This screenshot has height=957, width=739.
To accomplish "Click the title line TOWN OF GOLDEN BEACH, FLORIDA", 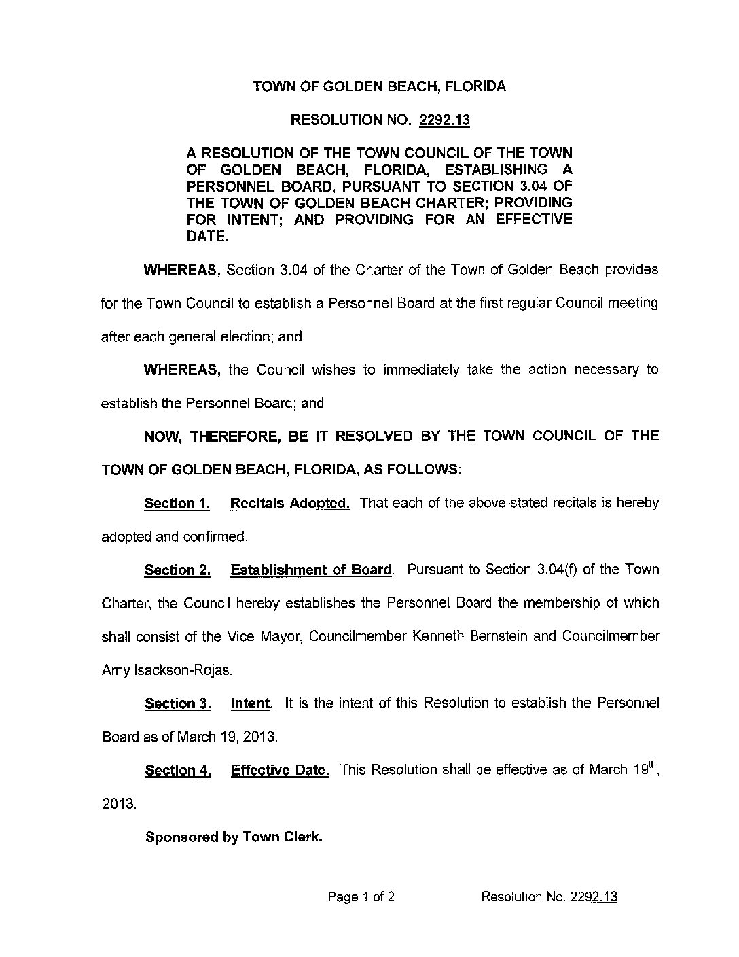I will pyautogui.click(x=379, y=87).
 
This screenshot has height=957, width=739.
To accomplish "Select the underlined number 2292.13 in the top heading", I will pyautogui.click(x=445, y=120).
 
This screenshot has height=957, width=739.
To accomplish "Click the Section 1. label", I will pyautogui.click(x=177, y=504).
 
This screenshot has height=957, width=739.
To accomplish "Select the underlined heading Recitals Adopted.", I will pyautogui.click(x=290, y=504).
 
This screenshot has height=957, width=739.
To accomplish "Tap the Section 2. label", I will pyautogui.click(x=177, y=570).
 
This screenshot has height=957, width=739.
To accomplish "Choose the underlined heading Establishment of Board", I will pyautogui.click(x=311, y=570).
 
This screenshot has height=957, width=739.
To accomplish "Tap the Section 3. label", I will pyautogui.click(x=177, y=703).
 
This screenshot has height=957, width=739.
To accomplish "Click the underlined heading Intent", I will pyautogui.click(x=251, y=703).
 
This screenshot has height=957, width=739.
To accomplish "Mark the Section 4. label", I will pyautogui.click(x=177, y=771).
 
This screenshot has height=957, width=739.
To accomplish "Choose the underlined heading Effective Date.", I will pyautogui.click(x=280, y=771).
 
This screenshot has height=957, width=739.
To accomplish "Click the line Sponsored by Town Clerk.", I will pyautogui.click(x=233, y=837).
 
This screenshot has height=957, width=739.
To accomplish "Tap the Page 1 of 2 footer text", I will pyautogui.click(x=361, y=897).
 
